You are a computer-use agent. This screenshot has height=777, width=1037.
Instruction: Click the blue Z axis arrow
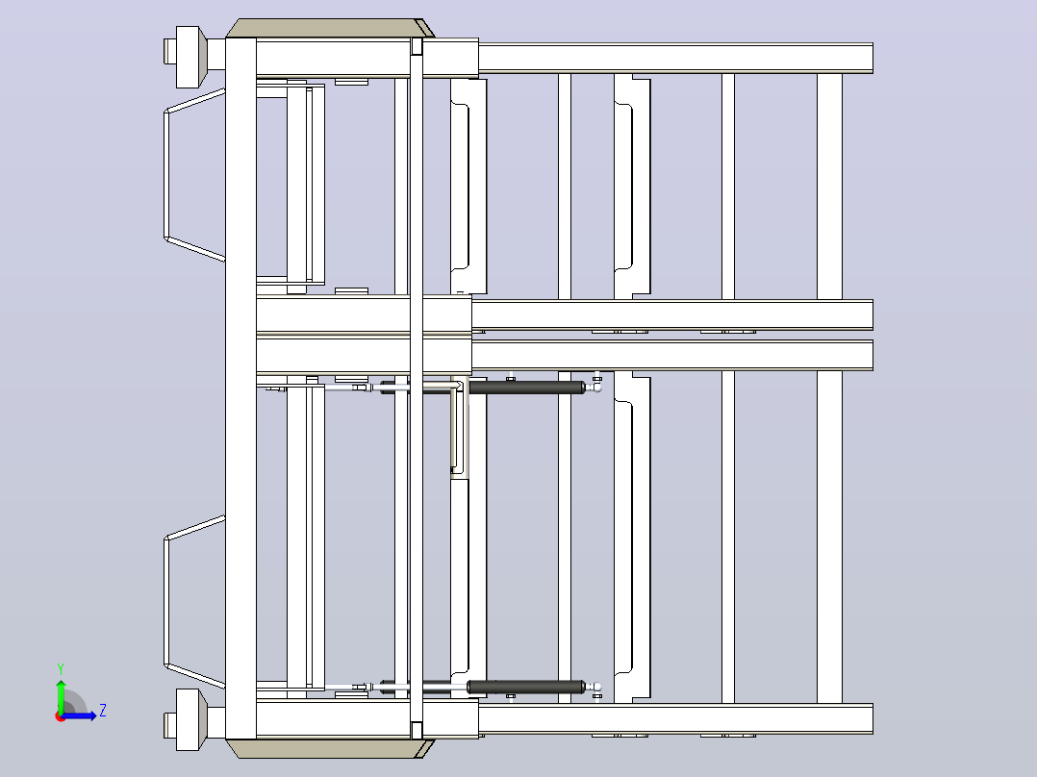tap(79, 715)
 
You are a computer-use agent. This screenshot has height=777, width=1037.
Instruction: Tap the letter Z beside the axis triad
tap(103, 711)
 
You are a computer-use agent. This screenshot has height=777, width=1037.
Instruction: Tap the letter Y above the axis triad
tap(61, 668)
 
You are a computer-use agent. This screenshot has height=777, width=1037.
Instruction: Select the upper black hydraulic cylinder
tap(526, 388)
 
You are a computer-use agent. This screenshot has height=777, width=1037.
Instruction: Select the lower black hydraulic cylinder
tap(526, 687)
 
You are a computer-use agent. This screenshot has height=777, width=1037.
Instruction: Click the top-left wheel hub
tap(188, 57)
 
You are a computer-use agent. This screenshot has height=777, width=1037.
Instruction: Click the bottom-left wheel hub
tap(188, 719)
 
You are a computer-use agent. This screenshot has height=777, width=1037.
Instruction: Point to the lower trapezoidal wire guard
tap(166, 602)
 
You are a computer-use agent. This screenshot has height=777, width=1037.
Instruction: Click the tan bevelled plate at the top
tap(330, 29)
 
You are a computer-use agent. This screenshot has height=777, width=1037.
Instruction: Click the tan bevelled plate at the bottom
tap(330, 748)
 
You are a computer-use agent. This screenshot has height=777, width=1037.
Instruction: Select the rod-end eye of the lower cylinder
tap(596, 687)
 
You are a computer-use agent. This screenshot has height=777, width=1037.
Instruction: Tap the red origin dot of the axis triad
tap(61, 716)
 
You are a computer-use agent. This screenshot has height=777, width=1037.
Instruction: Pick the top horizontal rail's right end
tap(873, 58)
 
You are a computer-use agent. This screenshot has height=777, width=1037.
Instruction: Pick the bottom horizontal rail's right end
tap(873, 718)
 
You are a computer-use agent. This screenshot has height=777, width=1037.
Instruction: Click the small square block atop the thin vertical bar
tap(417, 46)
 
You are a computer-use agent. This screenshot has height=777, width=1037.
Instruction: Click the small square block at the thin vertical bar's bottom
tap(417, 731)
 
